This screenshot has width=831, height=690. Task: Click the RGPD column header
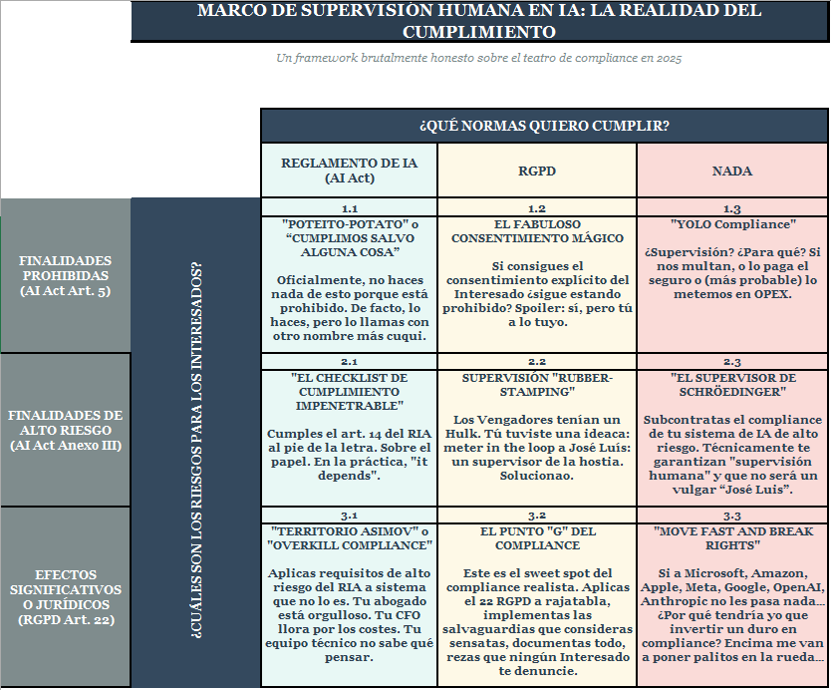[536, 172]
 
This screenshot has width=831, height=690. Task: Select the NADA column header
[731, 172]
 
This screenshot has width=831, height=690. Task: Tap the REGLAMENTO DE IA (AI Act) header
[349, 171]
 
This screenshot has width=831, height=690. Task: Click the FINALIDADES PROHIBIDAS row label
[66, 275]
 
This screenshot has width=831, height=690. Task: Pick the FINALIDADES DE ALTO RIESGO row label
[66, 430]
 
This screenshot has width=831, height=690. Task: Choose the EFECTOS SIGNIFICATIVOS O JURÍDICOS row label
[66, 597]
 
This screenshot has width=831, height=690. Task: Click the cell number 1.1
[349, 209]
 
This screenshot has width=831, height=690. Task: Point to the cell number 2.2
[536, 362]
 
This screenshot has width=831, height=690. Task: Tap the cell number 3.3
[731, 516]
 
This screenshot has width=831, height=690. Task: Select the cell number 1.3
[731, 209]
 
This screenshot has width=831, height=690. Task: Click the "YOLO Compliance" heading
[731, 224]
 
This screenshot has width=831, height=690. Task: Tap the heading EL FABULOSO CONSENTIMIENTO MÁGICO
[536, 231]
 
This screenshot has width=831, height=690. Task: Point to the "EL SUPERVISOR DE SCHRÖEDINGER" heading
[731, 385]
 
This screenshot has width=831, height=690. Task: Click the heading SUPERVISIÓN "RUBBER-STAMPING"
[536, 385]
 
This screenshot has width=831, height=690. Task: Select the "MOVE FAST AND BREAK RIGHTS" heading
[731, 538]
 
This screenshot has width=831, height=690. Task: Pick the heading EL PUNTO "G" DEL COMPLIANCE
[536, 538]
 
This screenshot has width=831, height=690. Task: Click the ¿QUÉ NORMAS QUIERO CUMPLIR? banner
[543, 126]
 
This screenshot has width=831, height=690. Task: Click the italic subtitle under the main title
[478, 58]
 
